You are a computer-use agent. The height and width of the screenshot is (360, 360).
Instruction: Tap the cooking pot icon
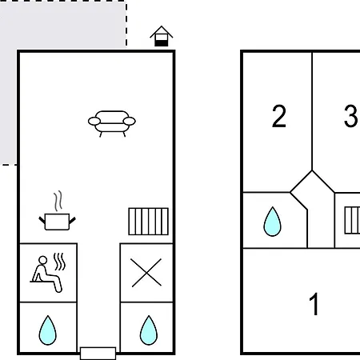tap(58, 222)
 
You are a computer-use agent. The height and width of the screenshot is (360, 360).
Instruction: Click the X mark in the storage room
tap(146, 273)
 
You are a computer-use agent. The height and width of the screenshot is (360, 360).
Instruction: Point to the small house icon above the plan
tap(162, 36)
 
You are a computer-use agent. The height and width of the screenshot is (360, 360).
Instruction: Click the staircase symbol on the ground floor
tap(148, 222)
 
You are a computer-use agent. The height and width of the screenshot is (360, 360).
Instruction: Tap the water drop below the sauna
tap(48, 330)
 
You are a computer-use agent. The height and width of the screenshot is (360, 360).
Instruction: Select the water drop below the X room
tap(149, 330)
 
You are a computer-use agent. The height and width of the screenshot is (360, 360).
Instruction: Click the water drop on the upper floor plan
tap(272, 222)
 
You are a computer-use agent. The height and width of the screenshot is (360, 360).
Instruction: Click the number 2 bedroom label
tap(279, 116)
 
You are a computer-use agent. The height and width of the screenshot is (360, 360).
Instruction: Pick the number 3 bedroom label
tap(350, 116)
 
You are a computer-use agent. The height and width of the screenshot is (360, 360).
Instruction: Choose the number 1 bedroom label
tap(314, 304)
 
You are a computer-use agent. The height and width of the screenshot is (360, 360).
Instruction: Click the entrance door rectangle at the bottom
tap(98, 354)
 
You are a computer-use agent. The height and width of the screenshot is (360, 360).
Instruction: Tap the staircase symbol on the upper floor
tap(352, 220)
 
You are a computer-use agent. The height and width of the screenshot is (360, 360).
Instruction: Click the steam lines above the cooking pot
tap(58, 201)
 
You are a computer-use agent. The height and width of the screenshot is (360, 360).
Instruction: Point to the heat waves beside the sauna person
tap(59, 262)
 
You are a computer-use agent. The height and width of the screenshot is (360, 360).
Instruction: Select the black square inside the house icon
tap(162, 43)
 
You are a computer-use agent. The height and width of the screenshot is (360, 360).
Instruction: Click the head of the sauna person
tap(42, 260)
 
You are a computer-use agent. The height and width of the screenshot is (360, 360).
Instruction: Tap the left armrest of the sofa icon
tap(94, 122)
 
